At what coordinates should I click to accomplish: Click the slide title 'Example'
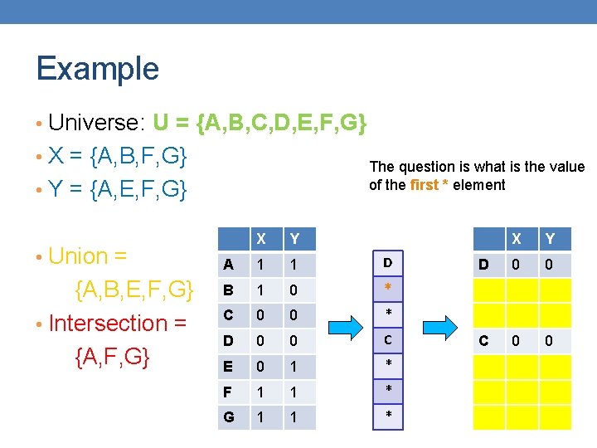[97, 68]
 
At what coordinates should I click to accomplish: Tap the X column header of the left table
[261, 239]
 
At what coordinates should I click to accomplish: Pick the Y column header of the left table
[293, 239]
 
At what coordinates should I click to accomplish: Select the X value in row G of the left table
[261, 416]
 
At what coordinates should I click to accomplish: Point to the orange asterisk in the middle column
[387, 287]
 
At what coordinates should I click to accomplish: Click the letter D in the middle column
[387, 263]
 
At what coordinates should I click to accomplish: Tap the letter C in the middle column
[387, 339]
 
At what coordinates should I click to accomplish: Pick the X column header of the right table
[517, 239]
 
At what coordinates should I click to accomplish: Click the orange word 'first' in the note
[425, 185]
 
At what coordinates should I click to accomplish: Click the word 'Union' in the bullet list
[79, 256]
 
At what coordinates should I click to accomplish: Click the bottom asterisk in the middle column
[387, 414]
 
